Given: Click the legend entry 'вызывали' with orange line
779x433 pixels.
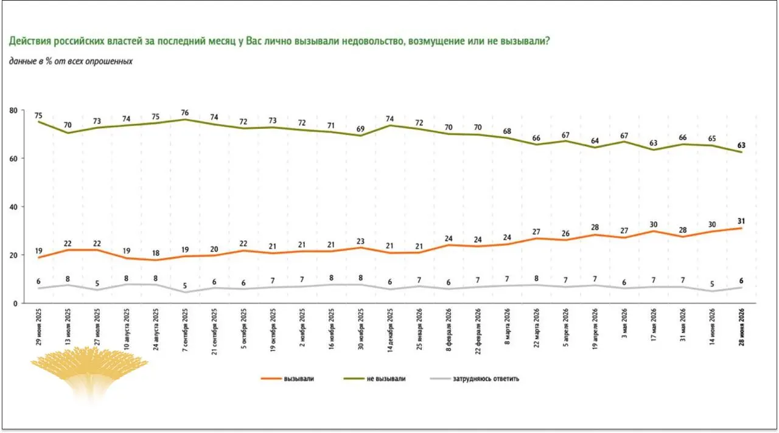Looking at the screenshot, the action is pyautogui.click(x=287, y=379).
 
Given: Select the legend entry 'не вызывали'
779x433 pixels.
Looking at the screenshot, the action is pyautogui.click(x=374, y=379).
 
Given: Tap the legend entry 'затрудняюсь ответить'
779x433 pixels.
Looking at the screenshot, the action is pyautogui.click(x=475, y=379).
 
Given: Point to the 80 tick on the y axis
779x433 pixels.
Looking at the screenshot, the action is pyautogui.click(x=13, y=111).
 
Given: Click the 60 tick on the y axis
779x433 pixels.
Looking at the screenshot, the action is pyautogui.click(x=13, y=159).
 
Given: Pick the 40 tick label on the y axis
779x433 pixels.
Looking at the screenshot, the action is pyautogui.click(x=13, y=207).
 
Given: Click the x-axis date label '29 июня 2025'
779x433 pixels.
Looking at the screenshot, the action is pyautogui.click(x=38, y=327).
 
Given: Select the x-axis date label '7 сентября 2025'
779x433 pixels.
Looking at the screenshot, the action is pyautogui.click(x=185, y=330).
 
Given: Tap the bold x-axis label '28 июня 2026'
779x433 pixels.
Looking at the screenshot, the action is pyautogui.click(x=741, y=327).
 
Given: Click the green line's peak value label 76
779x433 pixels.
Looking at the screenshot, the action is pyautogui.click(x=185, y=113).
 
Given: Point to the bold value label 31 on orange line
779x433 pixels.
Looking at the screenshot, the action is pyautogui.click(x=741, y=221).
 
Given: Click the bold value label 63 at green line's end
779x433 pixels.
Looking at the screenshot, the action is pyautogui.click(x=741, y=145).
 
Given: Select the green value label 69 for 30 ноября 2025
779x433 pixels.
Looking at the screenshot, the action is pyautogui.click(x=361, y=129).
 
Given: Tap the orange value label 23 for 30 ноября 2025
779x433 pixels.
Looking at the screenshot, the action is pyautogui.click(x=361, y=241).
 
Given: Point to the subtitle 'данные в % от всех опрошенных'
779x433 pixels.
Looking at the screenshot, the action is pyautogui.click(x=71, y=61).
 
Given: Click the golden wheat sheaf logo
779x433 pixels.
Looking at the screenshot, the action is pyautogui.click(x=89, y=373).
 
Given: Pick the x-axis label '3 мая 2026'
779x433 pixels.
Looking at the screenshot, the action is pyautogui.click(x=624, y=323).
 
